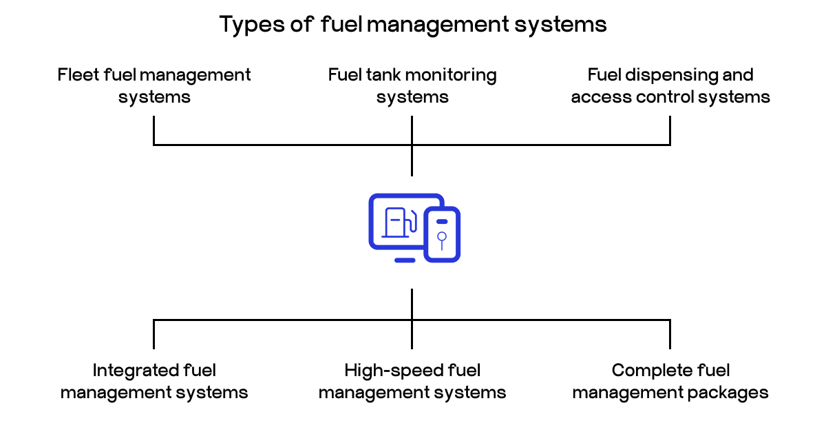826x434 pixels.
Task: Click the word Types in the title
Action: pos(246,25)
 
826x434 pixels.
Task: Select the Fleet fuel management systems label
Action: pos(154,85)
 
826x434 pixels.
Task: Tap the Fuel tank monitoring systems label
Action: pos(412,85)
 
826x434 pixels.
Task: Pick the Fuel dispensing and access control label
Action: pos(670,85)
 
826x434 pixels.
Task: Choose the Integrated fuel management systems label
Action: pos(154,382)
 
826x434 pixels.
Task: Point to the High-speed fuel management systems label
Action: pos(412,382)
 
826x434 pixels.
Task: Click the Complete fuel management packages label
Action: pos(670,382)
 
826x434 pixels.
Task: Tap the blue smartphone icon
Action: pos(442,234)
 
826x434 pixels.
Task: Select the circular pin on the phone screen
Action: pos(442,237)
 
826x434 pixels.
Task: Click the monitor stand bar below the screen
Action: pos(405,260)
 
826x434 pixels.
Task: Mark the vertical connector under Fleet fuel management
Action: pos(154,130)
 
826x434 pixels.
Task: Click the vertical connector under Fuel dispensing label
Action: pos(670,130)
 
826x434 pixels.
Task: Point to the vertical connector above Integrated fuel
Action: pos(154,334)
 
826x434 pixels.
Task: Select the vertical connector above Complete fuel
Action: pos(670,334)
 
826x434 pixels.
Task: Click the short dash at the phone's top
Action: pos(442,221)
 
